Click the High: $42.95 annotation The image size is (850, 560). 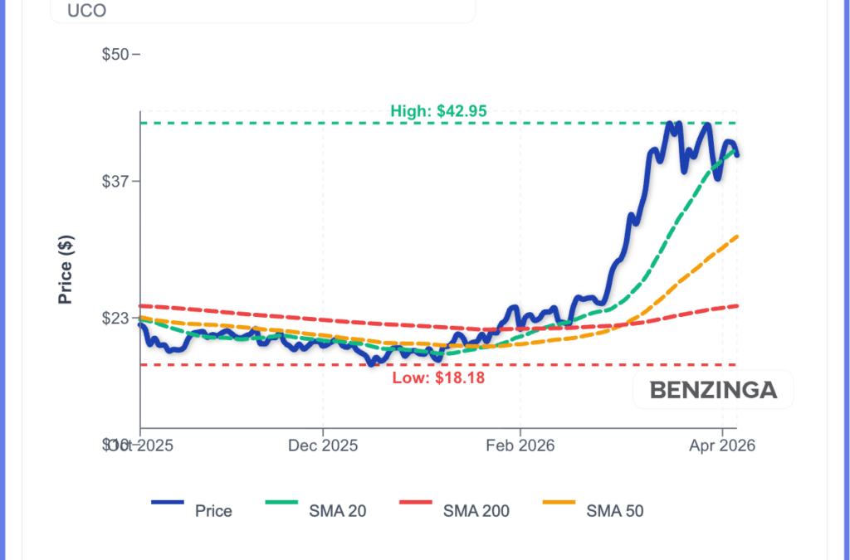pos(438,111)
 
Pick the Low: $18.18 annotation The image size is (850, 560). pos(438,377)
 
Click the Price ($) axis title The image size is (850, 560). pos(66,270)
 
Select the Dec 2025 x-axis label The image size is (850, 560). pos(323,446)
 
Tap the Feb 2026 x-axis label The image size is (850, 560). pos(520,446)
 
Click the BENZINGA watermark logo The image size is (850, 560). pos(713,390)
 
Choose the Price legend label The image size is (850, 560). pos(213,511)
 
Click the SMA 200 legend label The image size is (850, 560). pos(476,511)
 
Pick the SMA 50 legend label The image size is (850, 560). pos(614,511)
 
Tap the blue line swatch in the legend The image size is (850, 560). pos(167,503)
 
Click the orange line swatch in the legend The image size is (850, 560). pos(558,503)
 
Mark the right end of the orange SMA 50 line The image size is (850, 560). pos(738,236)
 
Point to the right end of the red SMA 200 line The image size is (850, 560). pos(738,305)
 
